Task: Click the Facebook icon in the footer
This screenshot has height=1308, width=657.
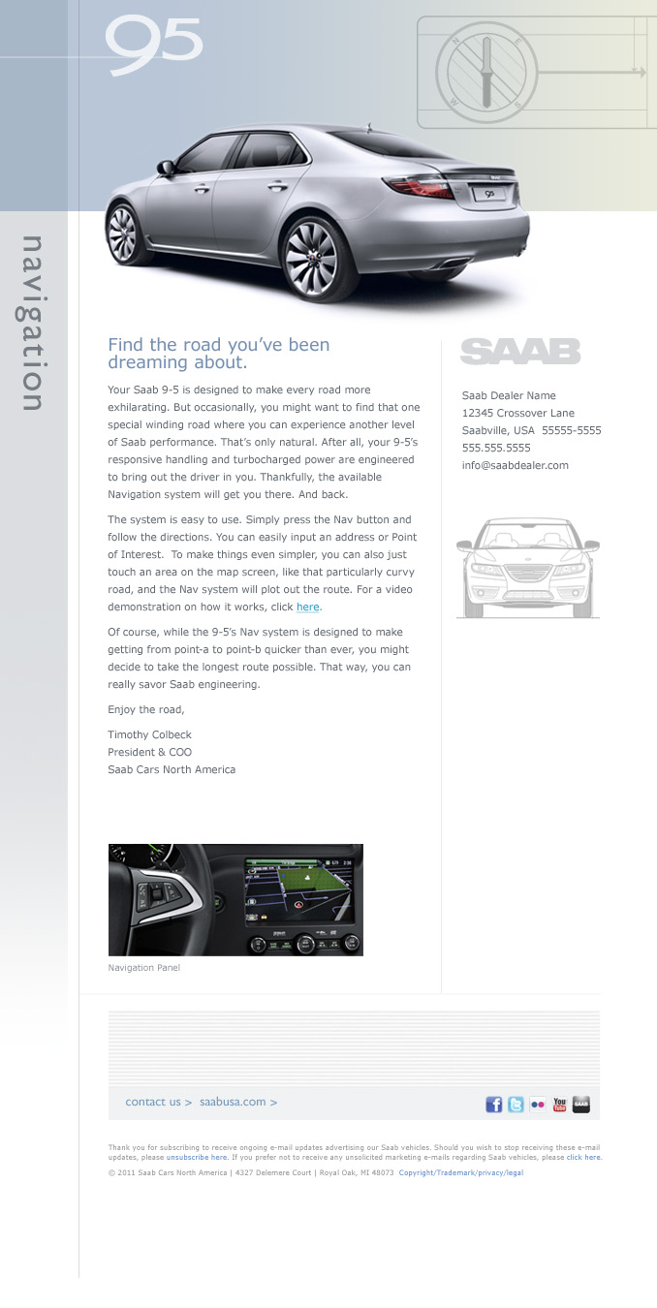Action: click(x=494, y=1105)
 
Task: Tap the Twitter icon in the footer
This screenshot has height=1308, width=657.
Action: click(x=516, y=1105)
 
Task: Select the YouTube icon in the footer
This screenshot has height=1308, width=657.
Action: click(x=559, y=1105)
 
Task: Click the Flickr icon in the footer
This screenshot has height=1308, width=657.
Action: click(x=538, y=1105)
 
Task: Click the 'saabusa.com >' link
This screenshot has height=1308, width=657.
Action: click(x=238, y=1102)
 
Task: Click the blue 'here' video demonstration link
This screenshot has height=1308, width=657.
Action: click(x=307, y=607)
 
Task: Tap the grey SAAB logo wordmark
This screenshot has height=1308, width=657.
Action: click(x=520, y=351)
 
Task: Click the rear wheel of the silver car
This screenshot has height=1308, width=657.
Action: click(x=310, y=259)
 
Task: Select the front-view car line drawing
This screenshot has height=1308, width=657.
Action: click(x=528, y=568)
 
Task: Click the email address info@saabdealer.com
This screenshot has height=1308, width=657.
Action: click(x=515, y=465)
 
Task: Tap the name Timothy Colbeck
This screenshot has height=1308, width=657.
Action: click(x=149, y=734)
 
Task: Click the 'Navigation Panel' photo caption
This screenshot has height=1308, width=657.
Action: click(x=143, y=967)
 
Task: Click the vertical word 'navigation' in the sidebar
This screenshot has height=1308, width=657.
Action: click(x=33, y=324)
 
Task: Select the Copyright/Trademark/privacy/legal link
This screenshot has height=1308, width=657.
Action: click(x=460, y=1172)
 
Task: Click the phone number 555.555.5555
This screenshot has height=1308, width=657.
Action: click(x=496, y=448)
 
